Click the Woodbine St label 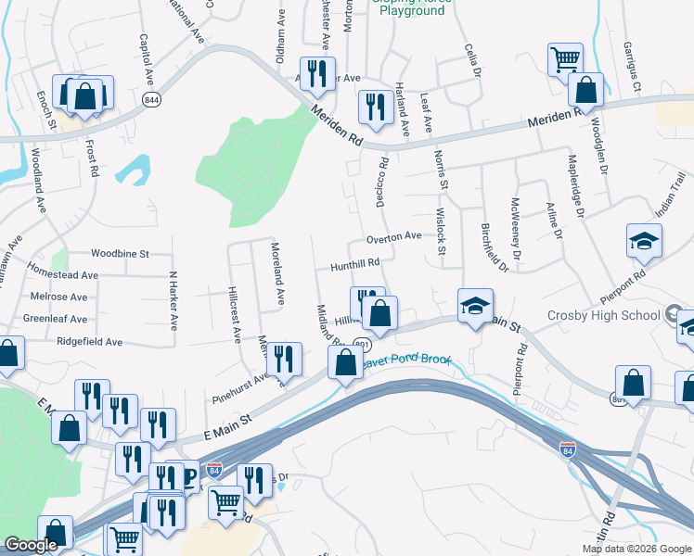click(x=121, y=253)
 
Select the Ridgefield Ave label click(x=89, y=342)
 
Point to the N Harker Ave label click(x=173, y=300)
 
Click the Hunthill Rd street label click(x=356, y=263)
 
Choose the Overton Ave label click(x=393, y=238)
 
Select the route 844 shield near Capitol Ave click(x=149, y=99)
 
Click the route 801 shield click(x=362, y=345)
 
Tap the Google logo click(x=31, y=545)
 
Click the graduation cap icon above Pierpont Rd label click(x=644, y=242)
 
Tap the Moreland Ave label click(x=277, y=274)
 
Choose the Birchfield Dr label click(x=495, y=246)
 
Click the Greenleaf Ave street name click(x=55, y=319)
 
